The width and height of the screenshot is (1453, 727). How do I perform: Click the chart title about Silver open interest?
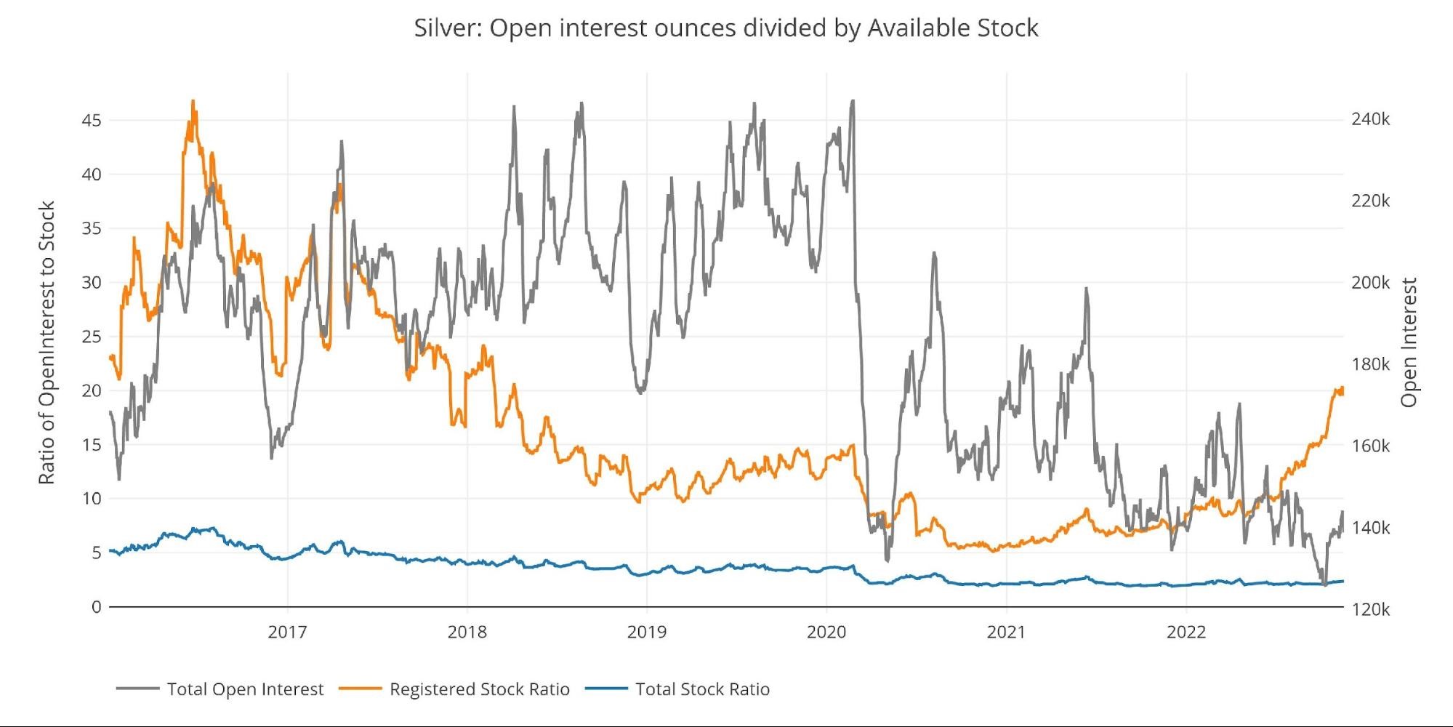726,28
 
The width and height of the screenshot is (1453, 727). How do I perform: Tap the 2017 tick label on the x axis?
287,632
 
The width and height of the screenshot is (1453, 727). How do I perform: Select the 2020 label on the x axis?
826,632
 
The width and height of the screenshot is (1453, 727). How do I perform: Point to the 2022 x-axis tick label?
1186,632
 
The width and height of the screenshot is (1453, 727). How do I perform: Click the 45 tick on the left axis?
92,120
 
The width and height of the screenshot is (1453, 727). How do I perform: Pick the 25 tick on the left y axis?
92,337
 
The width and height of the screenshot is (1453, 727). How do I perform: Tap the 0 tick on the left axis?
96,607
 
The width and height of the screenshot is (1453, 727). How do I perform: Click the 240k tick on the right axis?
1370,119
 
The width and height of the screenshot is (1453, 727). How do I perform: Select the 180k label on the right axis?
1370,364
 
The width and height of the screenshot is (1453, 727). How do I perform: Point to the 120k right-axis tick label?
1370,609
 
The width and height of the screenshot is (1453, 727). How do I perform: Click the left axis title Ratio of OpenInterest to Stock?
47,343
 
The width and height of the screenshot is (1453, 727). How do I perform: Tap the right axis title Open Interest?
1409,342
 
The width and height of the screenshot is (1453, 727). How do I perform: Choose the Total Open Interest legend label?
245,689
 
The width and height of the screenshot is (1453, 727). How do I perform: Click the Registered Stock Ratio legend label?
479,689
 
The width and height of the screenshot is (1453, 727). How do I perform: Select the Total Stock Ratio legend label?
702,689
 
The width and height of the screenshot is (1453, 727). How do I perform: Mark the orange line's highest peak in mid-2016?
193,101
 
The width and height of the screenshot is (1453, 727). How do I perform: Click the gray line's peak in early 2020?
853,101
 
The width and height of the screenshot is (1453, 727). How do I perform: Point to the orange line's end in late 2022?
1342,390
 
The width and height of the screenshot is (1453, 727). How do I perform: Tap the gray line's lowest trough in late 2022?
1324,584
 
